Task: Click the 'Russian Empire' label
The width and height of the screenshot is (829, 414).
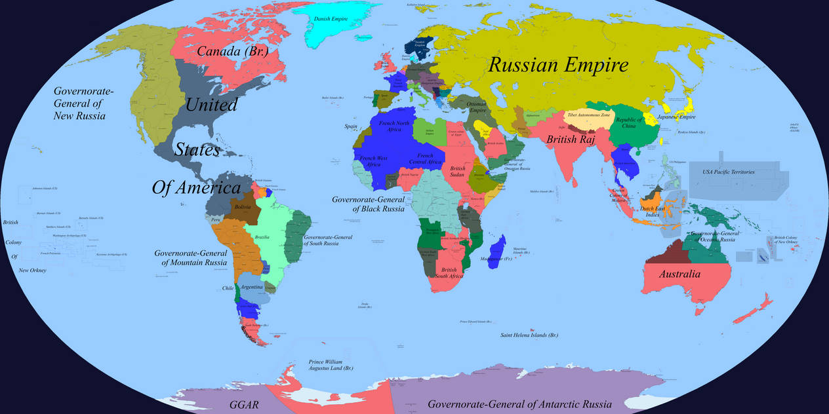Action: pos(558,65)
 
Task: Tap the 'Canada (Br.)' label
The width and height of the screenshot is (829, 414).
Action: pos(233,51)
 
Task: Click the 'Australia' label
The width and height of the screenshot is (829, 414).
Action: pos(679,274)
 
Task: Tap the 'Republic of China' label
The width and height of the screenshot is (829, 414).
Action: pos(628,123)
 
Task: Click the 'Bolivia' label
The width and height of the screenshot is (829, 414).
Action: pos(242,207)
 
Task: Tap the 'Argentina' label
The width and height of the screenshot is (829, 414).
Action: pos(252,287)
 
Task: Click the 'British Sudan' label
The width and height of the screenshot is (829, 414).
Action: pos(458,172)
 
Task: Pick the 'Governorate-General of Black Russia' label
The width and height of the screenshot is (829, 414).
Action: pos(368,204)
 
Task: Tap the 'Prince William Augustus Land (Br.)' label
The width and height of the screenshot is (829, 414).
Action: pos(331,365)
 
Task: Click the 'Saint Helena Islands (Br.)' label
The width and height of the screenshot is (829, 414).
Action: pos(529,335)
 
